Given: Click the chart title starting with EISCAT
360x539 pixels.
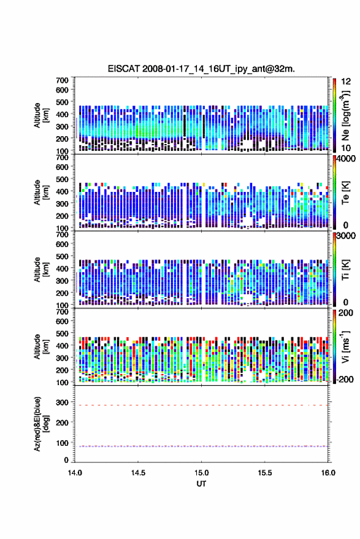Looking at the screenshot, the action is pos(201,69).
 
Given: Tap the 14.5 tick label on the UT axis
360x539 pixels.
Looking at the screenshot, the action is pos(138,473).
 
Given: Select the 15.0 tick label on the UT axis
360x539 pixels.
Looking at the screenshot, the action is pos(202,473).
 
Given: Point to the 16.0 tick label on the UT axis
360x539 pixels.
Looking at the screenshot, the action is pos(328,473).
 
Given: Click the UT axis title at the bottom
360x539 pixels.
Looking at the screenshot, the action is pos(201,484).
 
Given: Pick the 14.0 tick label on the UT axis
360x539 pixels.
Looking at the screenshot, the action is pos(75,473).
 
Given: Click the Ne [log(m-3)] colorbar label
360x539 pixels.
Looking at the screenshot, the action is pos(345,115).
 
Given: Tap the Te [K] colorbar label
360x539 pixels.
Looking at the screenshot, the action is pos(345,193).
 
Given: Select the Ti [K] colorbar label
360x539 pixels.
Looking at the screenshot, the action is pos(345,270).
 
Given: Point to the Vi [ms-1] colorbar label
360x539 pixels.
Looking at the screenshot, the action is pos(345,346).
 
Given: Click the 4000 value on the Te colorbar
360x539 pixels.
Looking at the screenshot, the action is pos(347,159).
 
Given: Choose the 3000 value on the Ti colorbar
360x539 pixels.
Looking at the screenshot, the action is pos(347,236).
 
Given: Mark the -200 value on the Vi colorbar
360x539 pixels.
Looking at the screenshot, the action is pos(345,379).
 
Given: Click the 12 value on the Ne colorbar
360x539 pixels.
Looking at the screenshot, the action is pos(346,81).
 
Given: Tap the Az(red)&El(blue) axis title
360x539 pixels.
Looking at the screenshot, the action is pos(42,424).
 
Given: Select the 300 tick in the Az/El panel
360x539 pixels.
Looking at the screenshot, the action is pos(62,402).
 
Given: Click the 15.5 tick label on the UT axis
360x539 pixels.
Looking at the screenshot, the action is pos(265,473).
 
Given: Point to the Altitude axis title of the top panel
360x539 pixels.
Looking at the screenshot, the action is pos(41,115).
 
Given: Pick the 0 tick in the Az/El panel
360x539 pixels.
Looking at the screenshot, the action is pos(66,460).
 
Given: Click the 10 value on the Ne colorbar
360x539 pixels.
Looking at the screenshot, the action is pos(346,148).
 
